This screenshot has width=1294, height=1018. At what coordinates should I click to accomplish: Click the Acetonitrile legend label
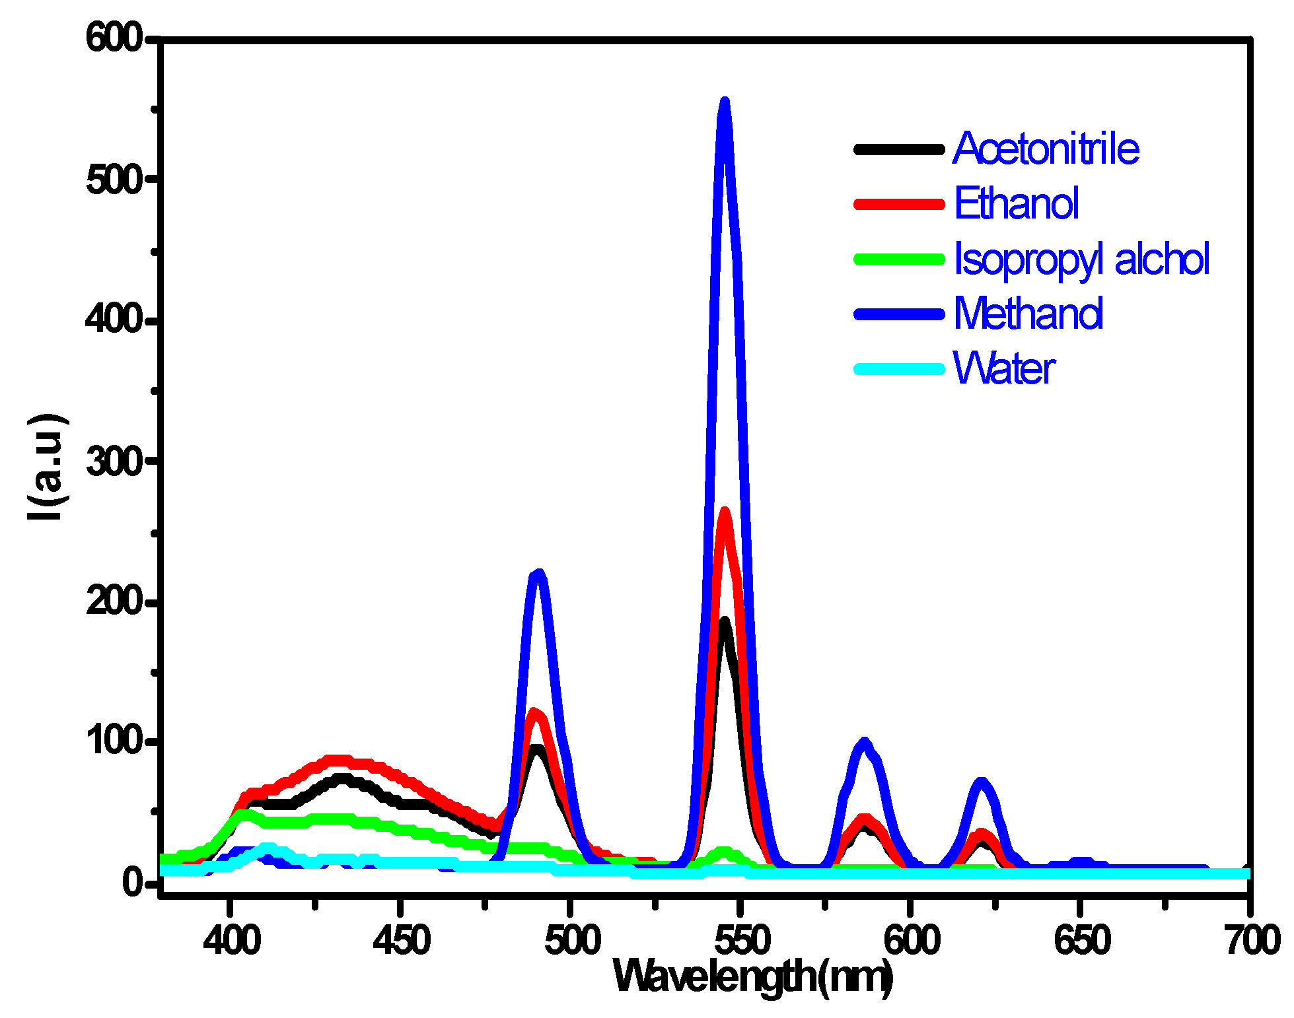(1046, 149)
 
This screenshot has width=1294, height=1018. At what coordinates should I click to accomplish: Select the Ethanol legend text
(1016, 203)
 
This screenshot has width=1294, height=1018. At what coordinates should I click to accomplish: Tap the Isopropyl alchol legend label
(1081, 259)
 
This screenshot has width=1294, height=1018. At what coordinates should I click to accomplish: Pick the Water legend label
(1003, 368)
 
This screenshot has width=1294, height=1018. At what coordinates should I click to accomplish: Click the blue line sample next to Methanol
(899, 314)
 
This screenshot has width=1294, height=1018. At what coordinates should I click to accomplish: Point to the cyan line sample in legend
(899, 368)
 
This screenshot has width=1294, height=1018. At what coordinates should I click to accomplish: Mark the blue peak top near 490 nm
(538, 574)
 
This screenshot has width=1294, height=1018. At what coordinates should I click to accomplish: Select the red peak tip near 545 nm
(725, 512)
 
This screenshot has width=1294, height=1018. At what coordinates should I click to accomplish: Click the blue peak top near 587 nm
(864, 743)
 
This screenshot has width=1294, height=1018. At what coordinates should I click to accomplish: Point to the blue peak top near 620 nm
(982, 784)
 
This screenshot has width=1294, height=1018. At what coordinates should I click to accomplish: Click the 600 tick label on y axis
(114, 38)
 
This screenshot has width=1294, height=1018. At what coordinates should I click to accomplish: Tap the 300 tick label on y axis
(114, 461)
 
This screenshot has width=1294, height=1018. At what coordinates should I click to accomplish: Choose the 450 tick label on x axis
(401, 939)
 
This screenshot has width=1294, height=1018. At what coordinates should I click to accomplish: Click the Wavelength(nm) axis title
(753, 976)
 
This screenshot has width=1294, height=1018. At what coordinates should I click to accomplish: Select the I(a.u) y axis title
(46, 467)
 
